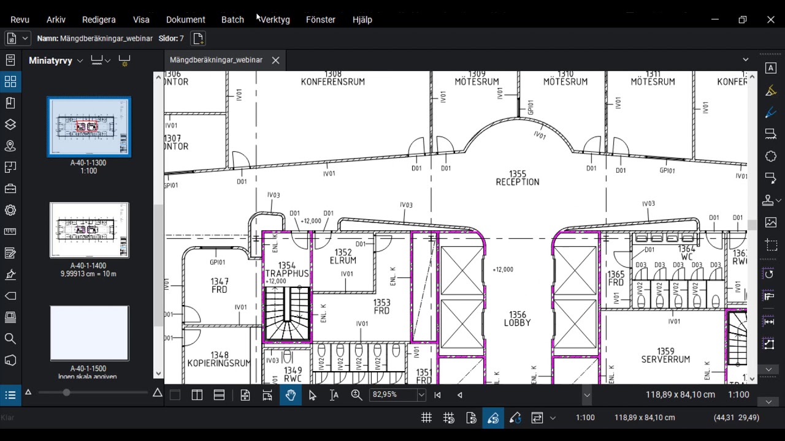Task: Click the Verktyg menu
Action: click(x=274, y=20)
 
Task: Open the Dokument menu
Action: click(x=185, y=20)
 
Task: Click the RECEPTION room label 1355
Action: click(x=518, y=178)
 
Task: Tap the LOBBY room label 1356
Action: click(x=517, y=318)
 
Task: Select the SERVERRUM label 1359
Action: click(x=665, y=355)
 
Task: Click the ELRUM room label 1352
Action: click(x=343, y=256)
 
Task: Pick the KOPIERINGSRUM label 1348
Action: click(x=219, y=359)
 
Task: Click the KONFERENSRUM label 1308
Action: click(x=332, y=78)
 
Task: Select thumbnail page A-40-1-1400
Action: click(x=89, y=230)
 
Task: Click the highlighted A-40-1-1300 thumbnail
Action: click(x=89, y=127)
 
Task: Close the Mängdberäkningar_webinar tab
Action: click(x=275, y=60)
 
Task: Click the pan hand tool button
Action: click(x=290, y=395)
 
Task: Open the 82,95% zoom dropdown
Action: click(x=421, y=395)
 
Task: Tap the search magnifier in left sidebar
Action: click(x=10, y=339)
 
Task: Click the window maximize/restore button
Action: click(x=742, y=20)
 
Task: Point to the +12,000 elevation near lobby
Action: click(x=503, y=269)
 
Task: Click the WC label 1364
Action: click(x=687, y=253)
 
